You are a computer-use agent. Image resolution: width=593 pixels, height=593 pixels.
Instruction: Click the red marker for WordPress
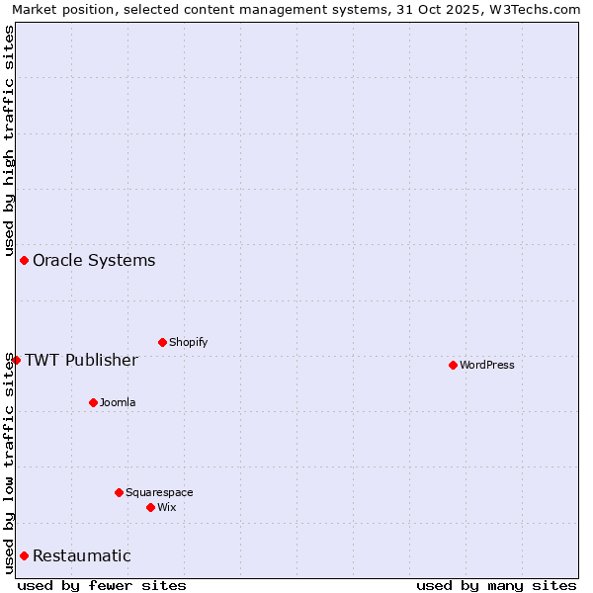click(453, 365)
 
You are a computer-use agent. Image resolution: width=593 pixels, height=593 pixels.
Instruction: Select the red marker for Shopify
click(162, 342)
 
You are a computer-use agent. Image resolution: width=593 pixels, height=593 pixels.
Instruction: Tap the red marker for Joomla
click(93, 402)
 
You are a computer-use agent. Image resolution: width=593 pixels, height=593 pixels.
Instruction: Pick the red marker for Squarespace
click(119, 492)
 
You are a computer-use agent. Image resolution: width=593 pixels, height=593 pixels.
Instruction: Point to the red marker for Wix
click(150, 507)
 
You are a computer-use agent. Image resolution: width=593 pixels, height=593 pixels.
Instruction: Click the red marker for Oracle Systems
click(24, 260)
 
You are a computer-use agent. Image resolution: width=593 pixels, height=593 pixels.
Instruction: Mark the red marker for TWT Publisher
click(16, 360)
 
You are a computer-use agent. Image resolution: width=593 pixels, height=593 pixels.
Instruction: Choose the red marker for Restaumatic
click(24, 555)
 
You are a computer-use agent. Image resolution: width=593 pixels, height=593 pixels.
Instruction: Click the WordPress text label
click(487, 365)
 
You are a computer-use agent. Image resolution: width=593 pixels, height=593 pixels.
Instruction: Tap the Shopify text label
click(189, 342)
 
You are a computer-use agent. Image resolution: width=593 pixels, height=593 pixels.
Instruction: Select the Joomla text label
click(118, 402)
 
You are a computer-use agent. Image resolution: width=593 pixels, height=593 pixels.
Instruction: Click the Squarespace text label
click(159, 492)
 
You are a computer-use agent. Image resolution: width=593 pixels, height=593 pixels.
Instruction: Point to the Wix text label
click(167, 507)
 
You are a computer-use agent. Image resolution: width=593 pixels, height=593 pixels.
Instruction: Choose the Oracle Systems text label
click(94, 260)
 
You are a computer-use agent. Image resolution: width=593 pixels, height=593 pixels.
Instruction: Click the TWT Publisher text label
click(81, 360)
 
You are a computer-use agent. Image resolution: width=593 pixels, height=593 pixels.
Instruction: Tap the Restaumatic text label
click(82, 555)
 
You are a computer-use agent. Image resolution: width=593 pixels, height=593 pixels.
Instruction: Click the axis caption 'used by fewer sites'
click(102, 585)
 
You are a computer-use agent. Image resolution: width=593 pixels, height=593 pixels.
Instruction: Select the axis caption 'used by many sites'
click(496, 585)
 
